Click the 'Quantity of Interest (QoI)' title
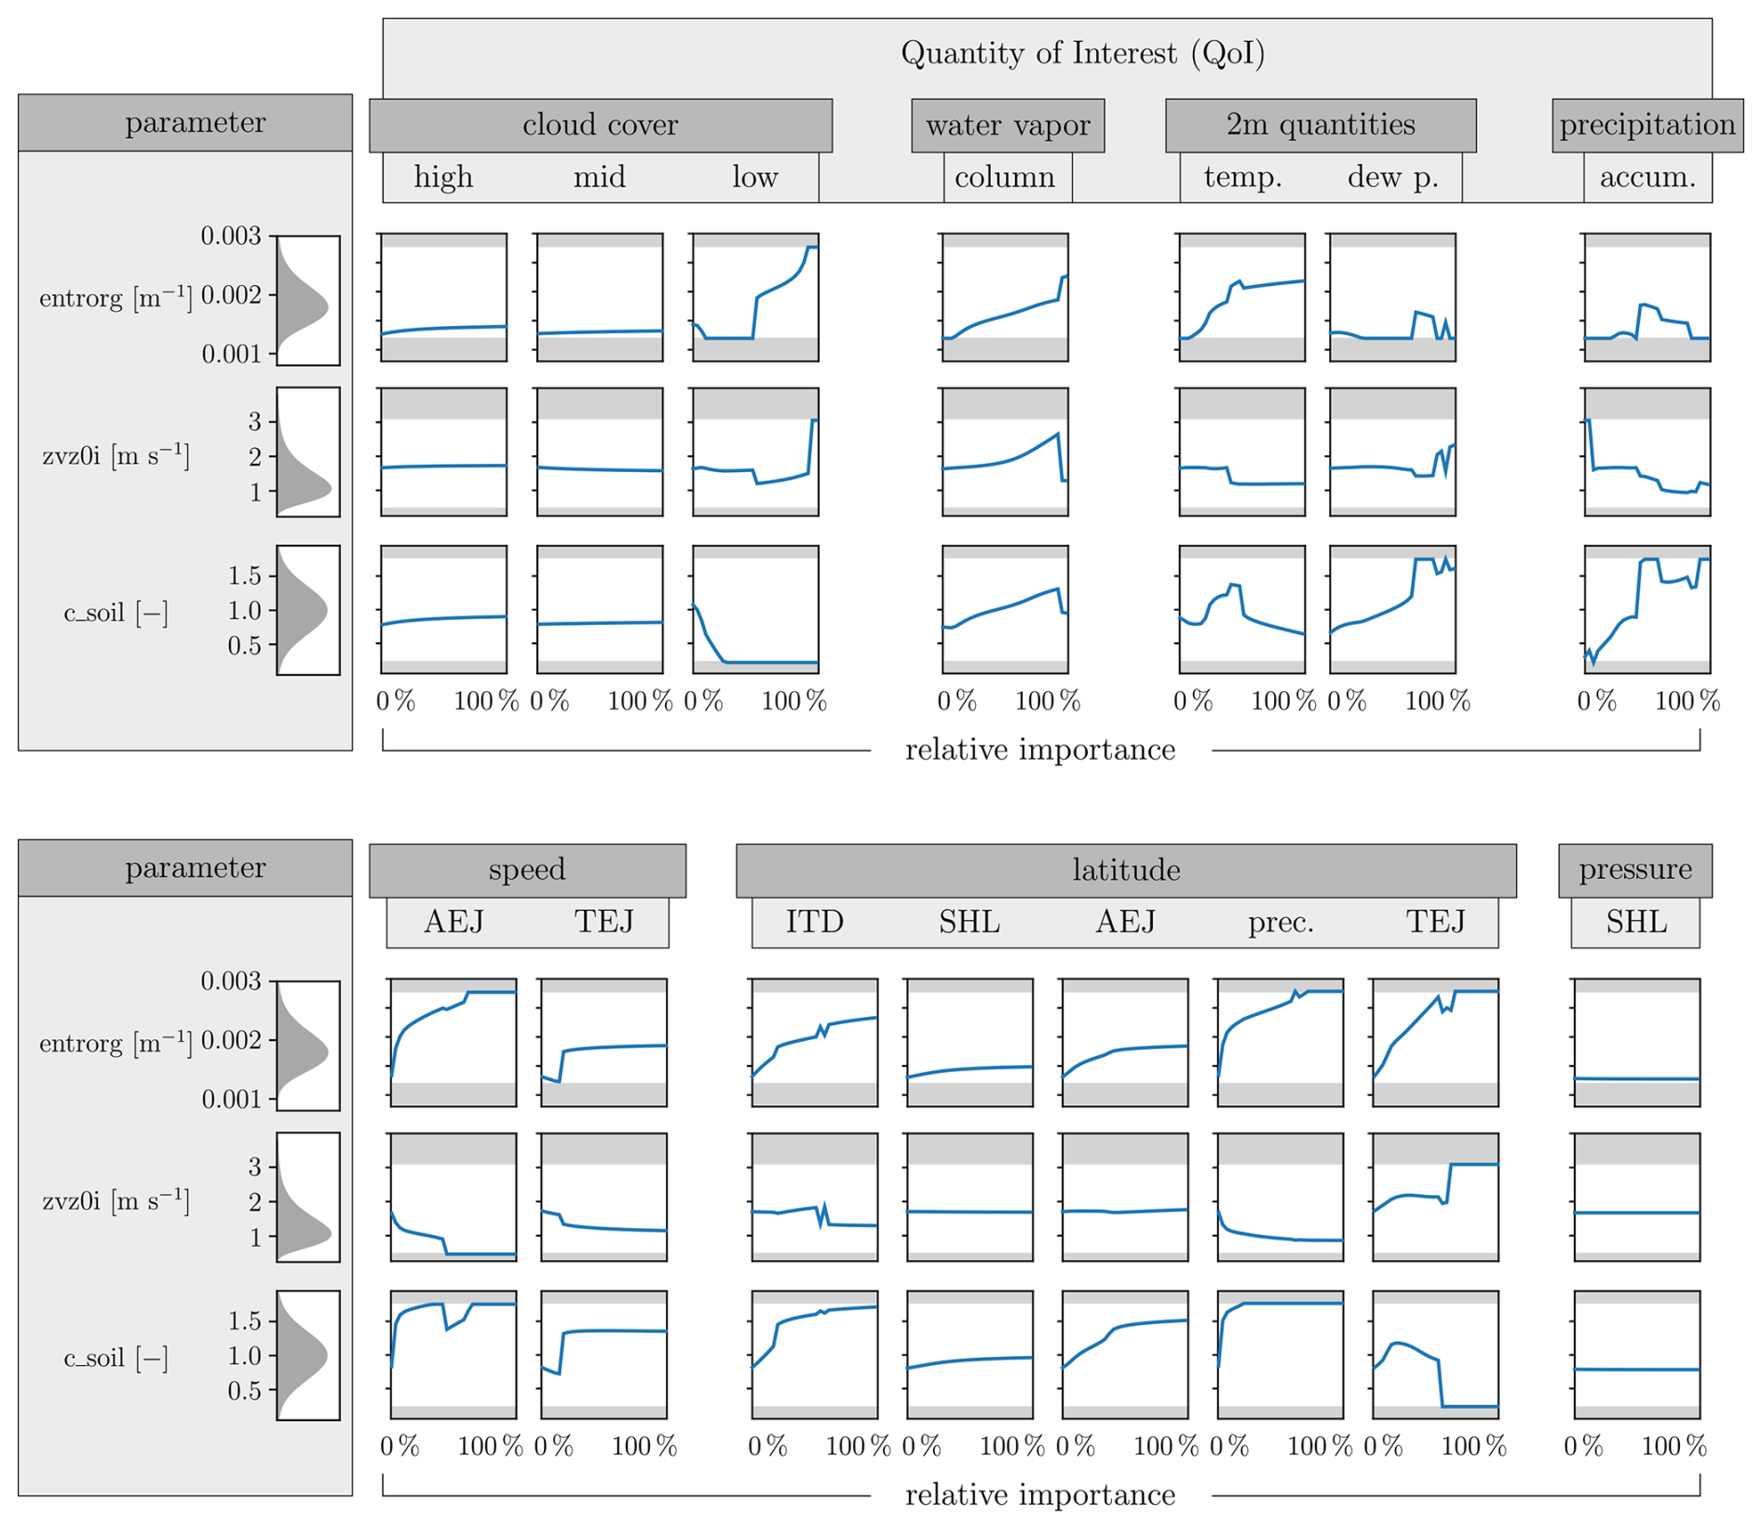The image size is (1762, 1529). [x=1082, y=53]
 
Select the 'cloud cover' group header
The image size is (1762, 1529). [x=600, y=125]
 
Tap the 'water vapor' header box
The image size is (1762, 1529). [x=1008, y=125]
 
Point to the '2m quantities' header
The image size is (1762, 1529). [x=1321, y=125]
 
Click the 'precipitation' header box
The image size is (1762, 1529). [x=1647, y=125]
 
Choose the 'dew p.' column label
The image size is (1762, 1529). [x=1392, y=177]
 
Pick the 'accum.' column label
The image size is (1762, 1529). [x=1647, y=177]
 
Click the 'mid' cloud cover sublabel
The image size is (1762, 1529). [x=599, y=177]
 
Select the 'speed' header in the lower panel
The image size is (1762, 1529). [x=527, y=870]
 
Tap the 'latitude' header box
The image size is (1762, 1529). [x=1126, y=870]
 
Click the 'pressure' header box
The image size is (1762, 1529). [x=1635, y=870]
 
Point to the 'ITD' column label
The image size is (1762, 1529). [x=814, y=922]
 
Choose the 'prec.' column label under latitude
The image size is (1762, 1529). [x=1281, y=922]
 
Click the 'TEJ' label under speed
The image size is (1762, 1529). [x=603, y=922]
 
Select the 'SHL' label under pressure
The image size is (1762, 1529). [x=1635, y=922]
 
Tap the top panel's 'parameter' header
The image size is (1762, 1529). [x=195, y=123]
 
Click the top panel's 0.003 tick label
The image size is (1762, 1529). [x=231, y=236]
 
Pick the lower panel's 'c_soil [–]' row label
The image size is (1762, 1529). [x=115, y=1358]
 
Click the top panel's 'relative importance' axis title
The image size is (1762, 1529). [x=1040, y=750]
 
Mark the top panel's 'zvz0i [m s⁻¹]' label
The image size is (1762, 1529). [x=115, y=456]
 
